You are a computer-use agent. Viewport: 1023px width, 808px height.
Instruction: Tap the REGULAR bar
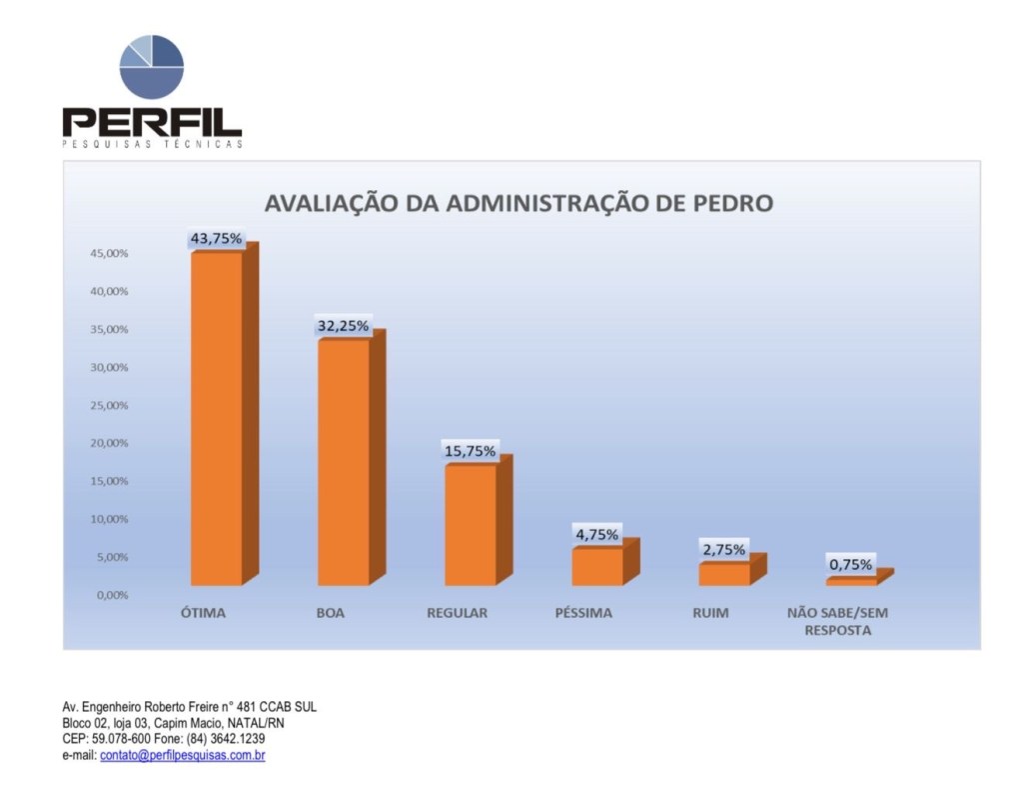click(x=471, y=525)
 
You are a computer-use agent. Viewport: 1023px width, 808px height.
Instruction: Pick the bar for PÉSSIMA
click(x=597, y=566)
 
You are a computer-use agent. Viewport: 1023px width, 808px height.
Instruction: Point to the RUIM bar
click(x=724, y=574)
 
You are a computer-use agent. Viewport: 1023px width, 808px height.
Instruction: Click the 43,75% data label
click(x=217, y=238)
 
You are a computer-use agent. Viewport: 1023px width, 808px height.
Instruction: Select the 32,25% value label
click(x=343, y=326)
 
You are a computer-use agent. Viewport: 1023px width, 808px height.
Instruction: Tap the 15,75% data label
click(x=470, y=451)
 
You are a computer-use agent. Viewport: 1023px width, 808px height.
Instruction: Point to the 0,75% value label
click(x=850, y=565)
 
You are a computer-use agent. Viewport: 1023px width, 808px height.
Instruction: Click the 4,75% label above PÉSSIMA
click(x=596, y=534)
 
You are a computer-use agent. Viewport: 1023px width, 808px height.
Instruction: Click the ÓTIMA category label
click(x=203, y=613)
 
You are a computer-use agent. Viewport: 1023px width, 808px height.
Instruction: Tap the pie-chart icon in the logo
click(x=152, y=67)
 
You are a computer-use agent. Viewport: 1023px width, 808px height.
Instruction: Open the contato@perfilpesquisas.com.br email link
click(x=182, y=755)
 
